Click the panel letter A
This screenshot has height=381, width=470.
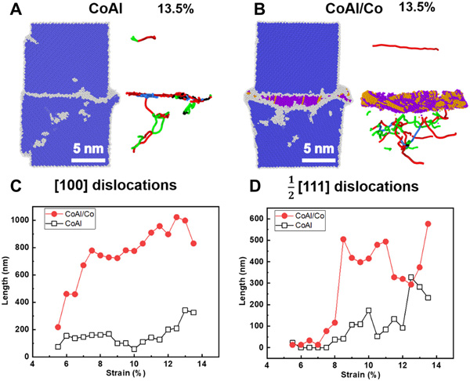tap(8, 8)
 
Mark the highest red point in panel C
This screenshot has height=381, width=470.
tap(177, 217)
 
